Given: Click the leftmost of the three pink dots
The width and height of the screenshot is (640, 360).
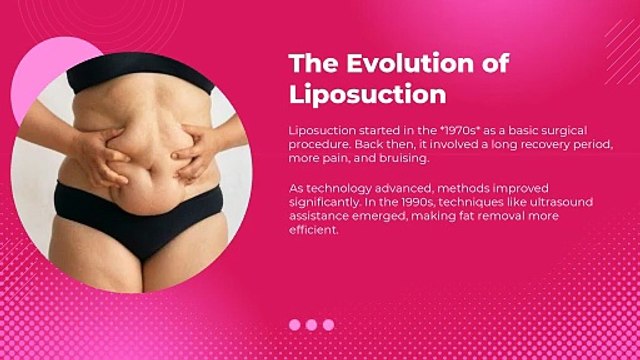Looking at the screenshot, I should pos(295,325).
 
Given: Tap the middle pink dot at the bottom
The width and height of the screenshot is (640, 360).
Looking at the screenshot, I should pos(312,325).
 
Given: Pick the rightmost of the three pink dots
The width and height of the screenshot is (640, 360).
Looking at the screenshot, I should pos(328,325).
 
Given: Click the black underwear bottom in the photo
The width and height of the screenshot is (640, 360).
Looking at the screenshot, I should pos(140,215).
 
